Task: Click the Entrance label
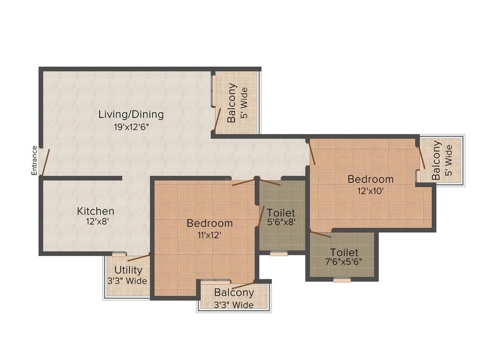point(35,160)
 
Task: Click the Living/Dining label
point(131,114)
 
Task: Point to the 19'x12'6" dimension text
point(131,127)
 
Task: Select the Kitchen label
point(96,211)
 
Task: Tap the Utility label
point(128,270)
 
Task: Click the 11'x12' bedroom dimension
point(209,235)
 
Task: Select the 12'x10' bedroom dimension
point(371,191)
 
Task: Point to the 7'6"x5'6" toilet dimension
point(344,262)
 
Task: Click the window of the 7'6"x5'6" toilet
point(342,280)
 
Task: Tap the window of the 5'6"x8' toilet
point(278,254)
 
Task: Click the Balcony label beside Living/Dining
point(232,103)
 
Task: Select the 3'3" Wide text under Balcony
point(234,305)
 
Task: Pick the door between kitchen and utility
point(138,258)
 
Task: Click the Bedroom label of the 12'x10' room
point(370,179)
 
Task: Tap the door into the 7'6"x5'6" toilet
point(320,234)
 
